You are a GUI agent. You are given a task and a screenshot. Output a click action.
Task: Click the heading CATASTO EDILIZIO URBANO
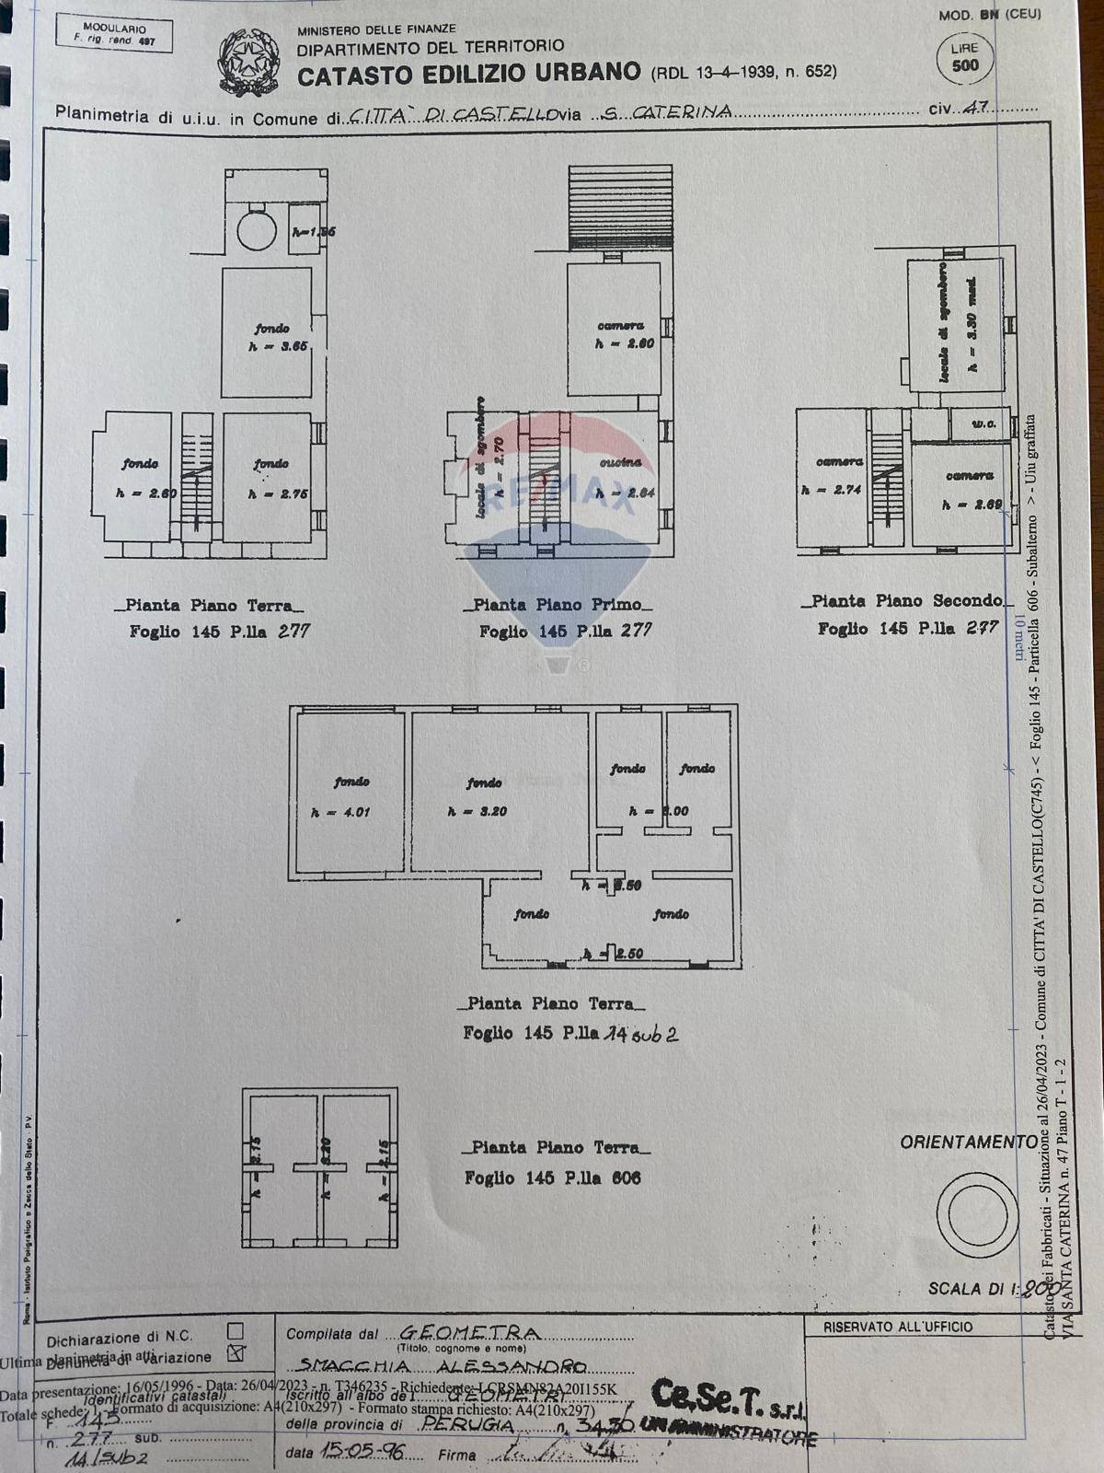468,73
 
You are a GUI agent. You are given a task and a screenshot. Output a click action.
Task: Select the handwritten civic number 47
973,108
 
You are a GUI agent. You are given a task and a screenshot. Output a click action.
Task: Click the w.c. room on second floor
984,424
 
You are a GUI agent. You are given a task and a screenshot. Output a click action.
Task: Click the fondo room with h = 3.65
270,337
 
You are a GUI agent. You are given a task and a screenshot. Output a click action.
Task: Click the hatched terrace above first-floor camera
620,207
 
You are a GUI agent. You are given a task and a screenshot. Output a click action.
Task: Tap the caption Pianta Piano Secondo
906,600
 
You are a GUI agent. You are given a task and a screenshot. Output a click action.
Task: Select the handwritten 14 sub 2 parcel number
641,1034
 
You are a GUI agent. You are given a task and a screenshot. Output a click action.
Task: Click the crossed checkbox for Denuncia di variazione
236,1352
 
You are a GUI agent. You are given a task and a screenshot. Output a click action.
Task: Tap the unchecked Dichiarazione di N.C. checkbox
236,1330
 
